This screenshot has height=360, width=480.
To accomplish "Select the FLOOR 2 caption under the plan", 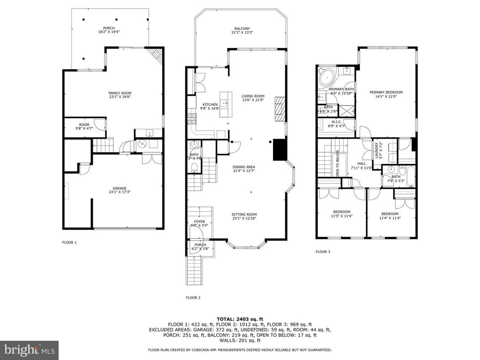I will tap(193, 297).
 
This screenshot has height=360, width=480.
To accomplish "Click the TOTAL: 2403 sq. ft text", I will tap(240, 318).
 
